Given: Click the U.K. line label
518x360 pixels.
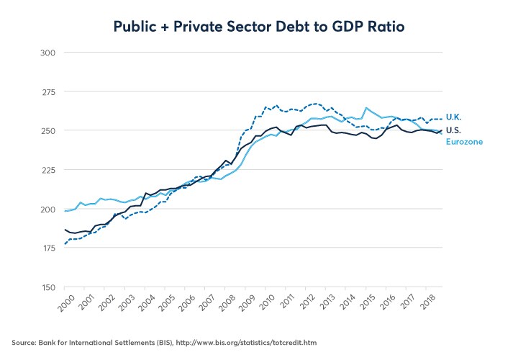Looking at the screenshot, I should (x=454, y=117).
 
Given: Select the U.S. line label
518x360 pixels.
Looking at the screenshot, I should (x=454, y=130).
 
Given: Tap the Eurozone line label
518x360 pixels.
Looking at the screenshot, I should (x=464, y=142).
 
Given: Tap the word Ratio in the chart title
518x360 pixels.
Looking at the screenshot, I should (x=383, y=27).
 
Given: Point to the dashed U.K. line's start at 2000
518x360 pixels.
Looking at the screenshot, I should (x=65, y=244).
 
